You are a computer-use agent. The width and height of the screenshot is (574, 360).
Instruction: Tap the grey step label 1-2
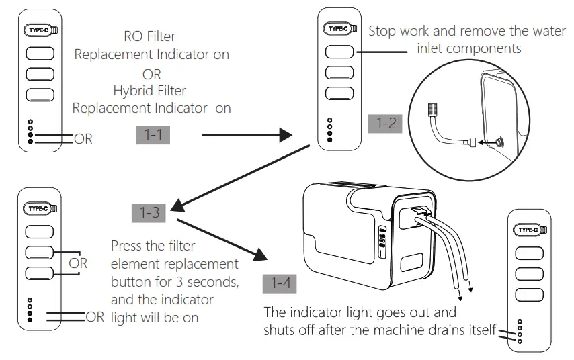384,124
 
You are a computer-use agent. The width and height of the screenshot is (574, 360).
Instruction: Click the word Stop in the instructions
384,31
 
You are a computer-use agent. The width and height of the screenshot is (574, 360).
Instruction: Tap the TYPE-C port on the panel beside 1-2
338,29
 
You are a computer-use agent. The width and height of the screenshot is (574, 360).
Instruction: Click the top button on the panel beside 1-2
339,51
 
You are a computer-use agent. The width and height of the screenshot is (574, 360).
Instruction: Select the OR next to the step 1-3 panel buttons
77,263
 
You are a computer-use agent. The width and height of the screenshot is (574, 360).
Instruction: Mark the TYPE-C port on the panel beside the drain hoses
529,230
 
